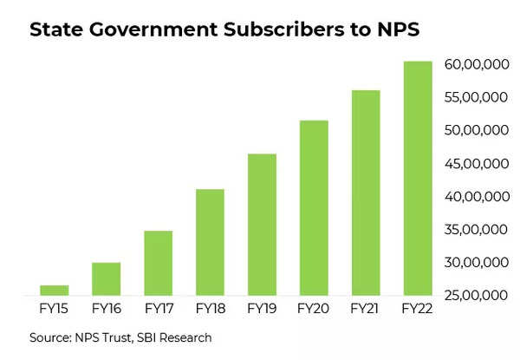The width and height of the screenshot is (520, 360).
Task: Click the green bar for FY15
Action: pos(54,290)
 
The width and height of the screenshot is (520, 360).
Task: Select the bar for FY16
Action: pos(106,278)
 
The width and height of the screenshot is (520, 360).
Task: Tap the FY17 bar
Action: pos(158,263)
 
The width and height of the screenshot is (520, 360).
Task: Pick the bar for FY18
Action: pos(210,242)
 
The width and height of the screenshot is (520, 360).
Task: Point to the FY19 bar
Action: pos(261,225)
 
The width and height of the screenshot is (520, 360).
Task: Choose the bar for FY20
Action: pos(313,208)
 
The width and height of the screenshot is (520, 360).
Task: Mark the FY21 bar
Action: pos(365,193)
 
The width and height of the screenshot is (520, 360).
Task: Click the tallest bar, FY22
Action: pos(417,178)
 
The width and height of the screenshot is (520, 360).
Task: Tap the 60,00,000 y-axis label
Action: pos(474,64)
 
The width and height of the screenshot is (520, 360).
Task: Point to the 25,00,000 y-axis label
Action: pos(474,296)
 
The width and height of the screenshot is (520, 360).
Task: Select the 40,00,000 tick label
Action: pos(474,197)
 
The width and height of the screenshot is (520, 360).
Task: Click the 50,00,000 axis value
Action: pos(474,130)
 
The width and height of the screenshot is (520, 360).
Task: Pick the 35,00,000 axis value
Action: pos(474,230)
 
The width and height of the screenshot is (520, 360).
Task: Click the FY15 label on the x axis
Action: pos(54,308)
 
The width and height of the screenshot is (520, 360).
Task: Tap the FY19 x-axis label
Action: pos(261,308)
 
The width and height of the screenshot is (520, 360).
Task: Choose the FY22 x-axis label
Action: pos(417,308)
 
